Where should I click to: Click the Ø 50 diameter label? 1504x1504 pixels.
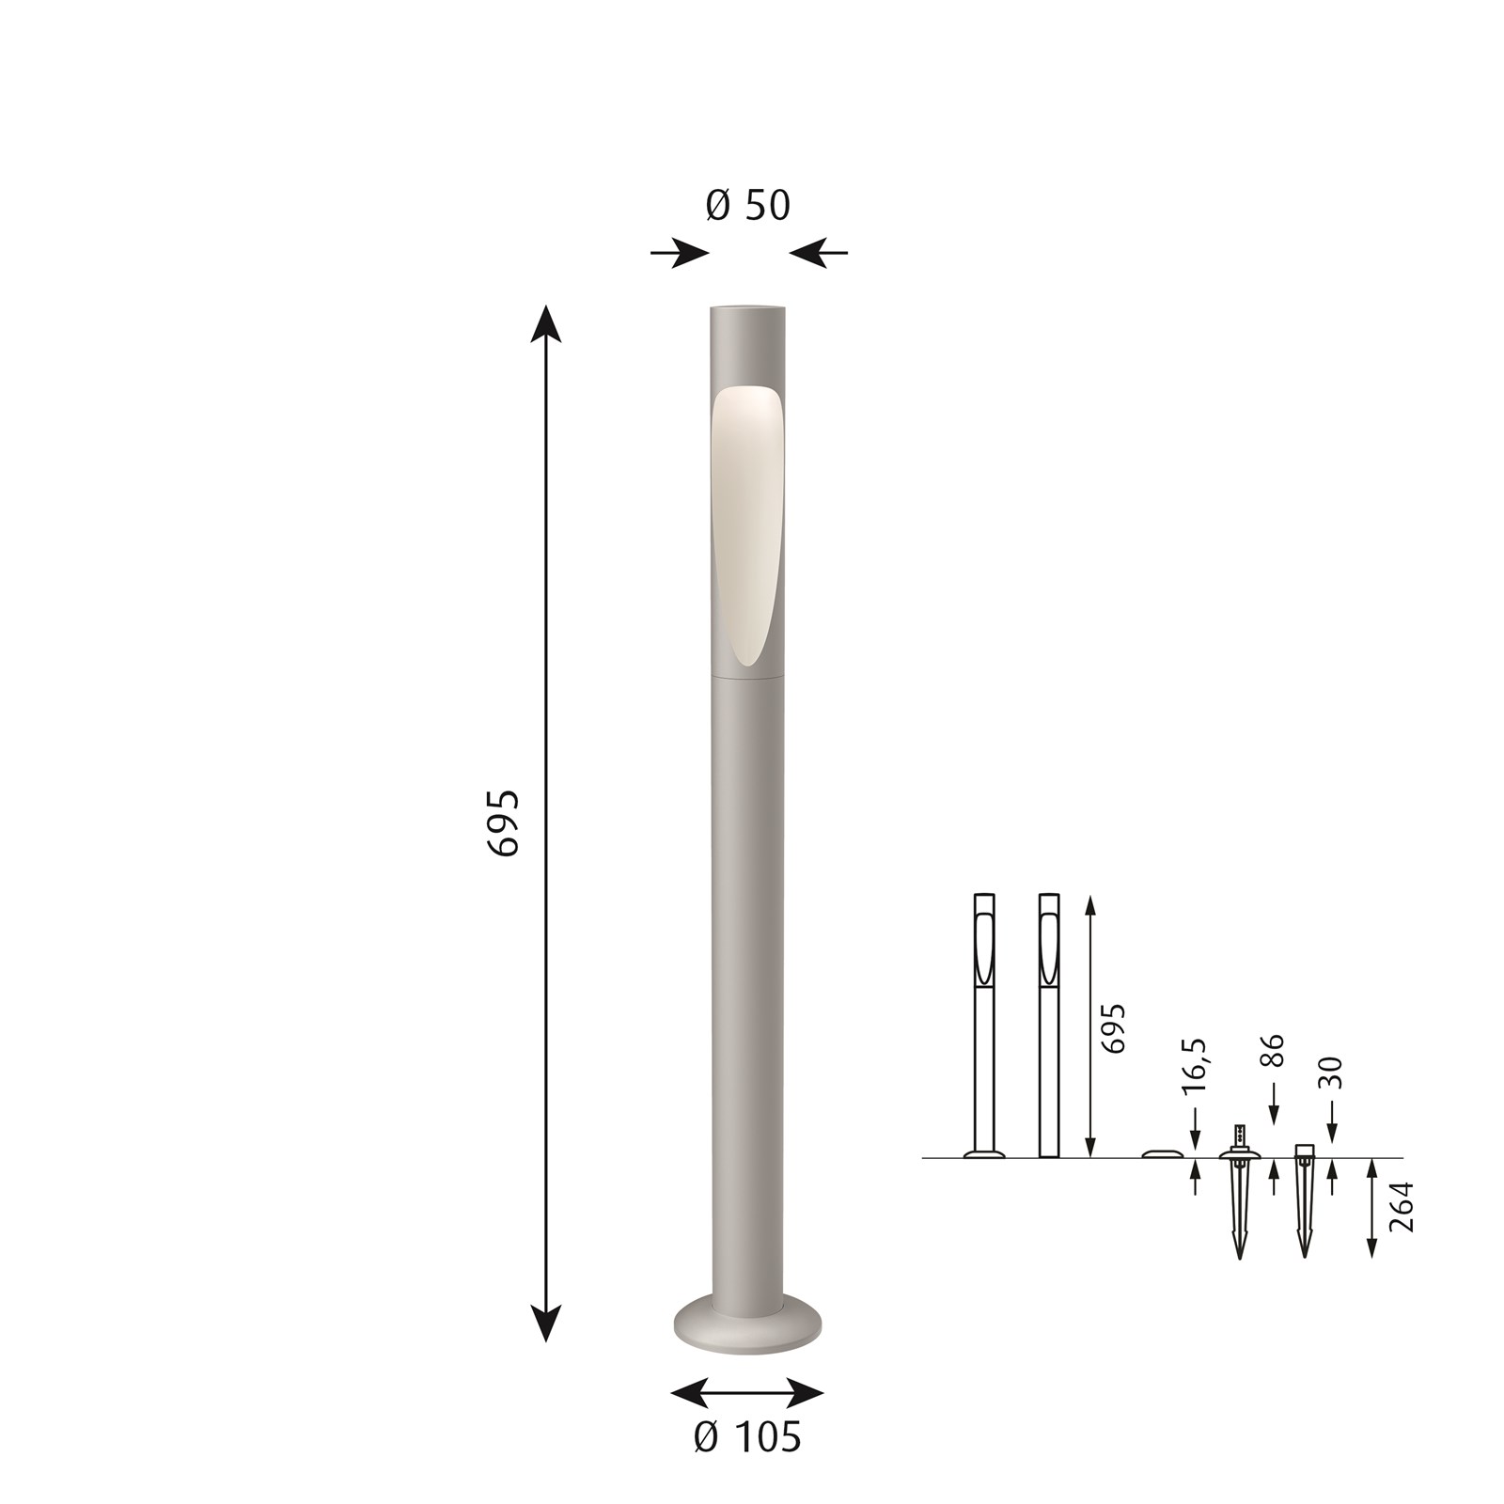tap(748, 206)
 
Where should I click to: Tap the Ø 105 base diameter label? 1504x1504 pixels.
tap(747, 1437)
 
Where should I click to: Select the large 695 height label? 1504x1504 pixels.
tap(504, 822)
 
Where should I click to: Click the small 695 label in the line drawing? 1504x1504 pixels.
tap(1112, 1028)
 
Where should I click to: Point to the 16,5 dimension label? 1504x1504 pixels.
tap(1194, 1066)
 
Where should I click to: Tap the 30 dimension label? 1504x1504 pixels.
tap(1330, 1073)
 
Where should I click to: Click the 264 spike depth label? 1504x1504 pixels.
tap(1401, 1207)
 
